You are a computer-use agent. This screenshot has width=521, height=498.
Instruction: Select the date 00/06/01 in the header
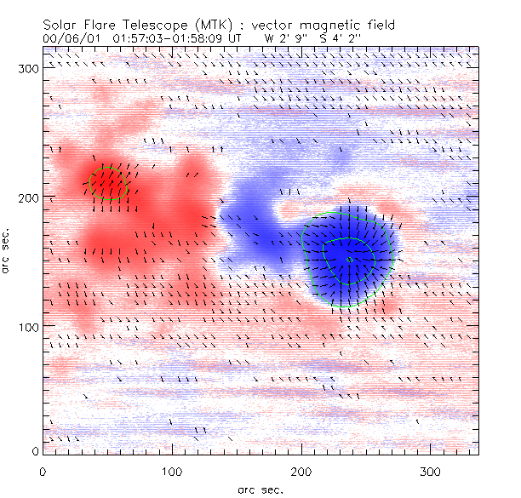[x=69, y=38]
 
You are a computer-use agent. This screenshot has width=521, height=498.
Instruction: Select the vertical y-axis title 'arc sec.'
[x=6, y=250]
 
